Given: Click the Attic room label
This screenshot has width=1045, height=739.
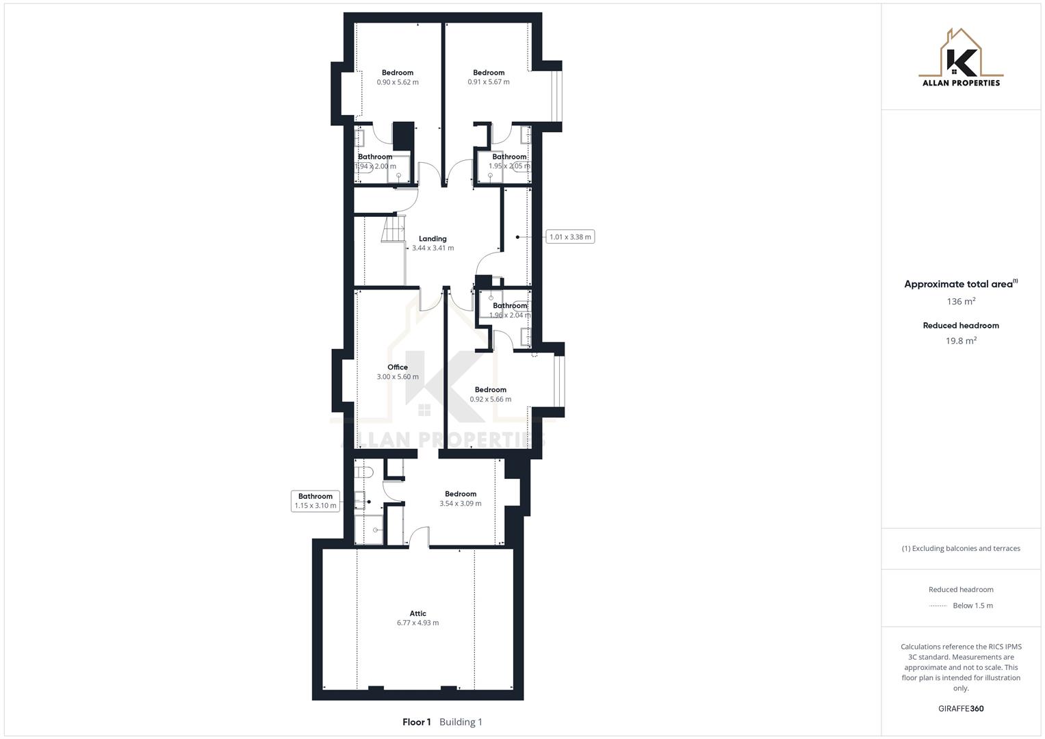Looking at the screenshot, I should tap(417, 614).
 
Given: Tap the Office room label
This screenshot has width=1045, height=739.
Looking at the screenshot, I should tap(398, 367).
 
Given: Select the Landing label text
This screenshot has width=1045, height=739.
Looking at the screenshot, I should tap(433, 239).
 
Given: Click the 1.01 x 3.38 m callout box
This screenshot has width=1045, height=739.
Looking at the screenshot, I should tap(570, 237).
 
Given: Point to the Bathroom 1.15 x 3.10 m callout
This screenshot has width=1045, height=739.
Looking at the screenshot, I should tap(315, 501).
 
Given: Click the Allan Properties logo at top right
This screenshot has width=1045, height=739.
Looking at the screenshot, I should tap(961, 58).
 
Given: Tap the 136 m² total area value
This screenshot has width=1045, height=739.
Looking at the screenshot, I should tap(961, 302).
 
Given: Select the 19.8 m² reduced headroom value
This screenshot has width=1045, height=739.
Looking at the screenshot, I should tap(961, 341).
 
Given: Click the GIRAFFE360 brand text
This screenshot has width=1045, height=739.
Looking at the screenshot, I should tap(961, 709).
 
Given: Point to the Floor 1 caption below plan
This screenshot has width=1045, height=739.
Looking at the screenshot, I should tap(417, 722).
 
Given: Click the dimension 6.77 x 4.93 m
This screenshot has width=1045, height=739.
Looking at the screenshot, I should tap(417, 623).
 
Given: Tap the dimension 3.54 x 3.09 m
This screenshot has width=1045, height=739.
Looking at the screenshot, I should tap(461, 504).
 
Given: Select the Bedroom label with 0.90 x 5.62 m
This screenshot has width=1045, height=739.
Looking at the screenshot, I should tap(398, 73).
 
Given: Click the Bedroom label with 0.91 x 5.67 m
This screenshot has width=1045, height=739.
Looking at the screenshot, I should tap(489, 73).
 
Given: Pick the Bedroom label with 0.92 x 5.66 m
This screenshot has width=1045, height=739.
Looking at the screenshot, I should tap(491, 390).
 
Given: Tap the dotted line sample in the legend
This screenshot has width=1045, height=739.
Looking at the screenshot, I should tap(938, 606).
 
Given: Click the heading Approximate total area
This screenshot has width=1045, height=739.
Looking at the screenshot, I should tap(958, 285).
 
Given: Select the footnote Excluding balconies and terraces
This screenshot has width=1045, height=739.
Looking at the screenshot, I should tap(961, 549).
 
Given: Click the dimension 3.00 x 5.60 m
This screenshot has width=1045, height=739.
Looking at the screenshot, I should tap(398, 377).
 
